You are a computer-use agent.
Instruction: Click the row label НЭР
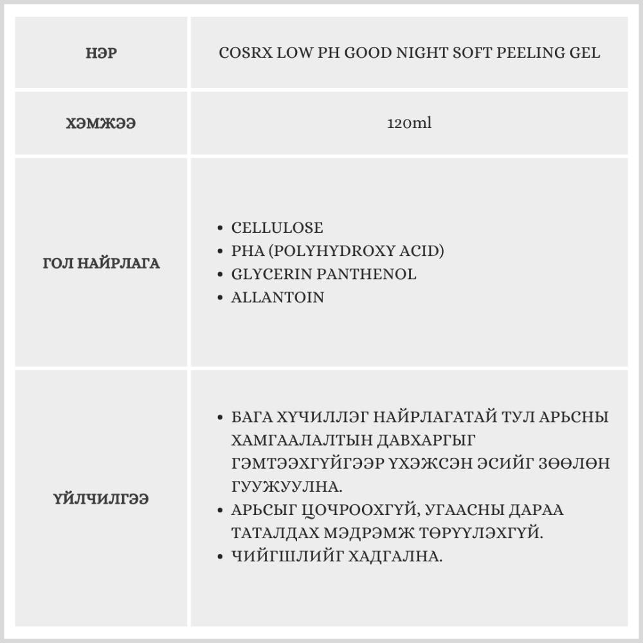[101, 53]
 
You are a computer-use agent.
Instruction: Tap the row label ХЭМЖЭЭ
[101, 123]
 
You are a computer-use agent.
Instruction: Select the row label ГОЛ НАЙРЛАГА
[101, 264]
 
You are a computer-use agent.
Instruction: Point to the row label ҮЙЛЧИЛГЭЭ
[101, 499]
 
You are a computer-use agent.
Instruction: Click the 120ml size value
[409, 123]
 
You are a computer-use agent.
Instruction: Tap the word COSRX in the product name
[246, 53]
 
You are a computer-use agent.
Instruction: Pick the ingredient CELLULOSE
[277, 228]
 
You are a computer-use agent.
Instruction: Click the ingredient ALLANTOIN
[278, 298]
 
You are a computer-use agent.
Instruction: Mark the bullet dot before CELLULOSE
[220, 228]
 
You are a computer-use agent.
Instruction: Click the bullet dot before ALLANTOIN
[220, 298]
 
